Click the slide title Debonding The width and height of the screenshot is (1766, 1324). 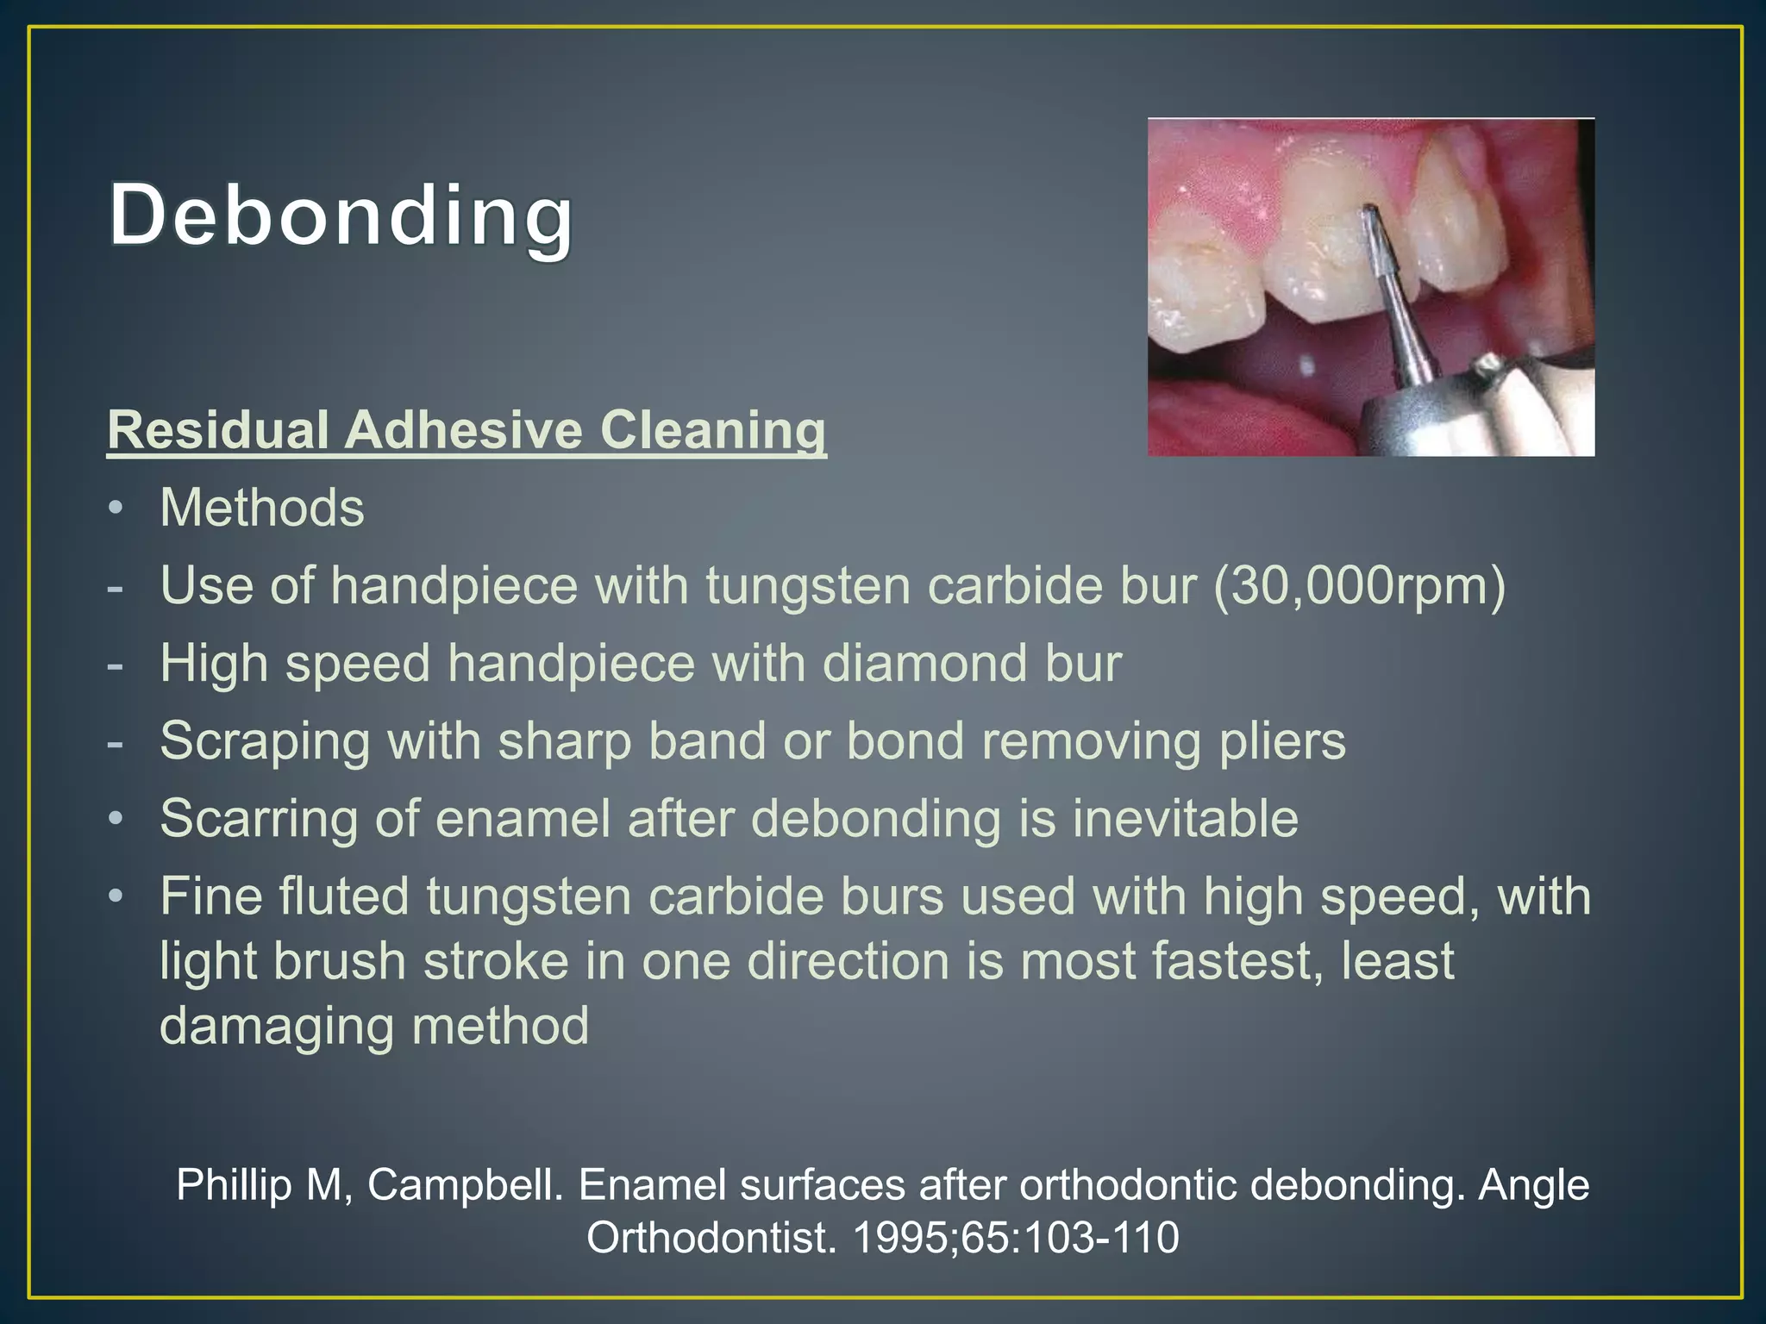341,215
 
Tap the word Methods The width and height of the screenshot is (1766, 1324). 262,508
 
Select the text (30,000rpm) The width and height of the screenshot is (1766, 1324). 1359,586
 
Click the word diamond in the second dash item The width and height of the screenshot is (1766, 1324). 924,664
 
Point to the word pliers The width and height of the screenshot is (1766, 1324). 1281,741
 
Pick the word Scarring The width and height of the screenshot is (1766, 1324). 259,819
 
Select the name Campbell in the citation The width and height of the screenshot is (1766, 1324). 466,1185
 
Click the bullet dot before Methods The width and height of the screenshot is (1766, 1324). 116,509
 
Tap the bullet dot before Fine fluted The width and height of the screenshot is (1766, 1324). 116,897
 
